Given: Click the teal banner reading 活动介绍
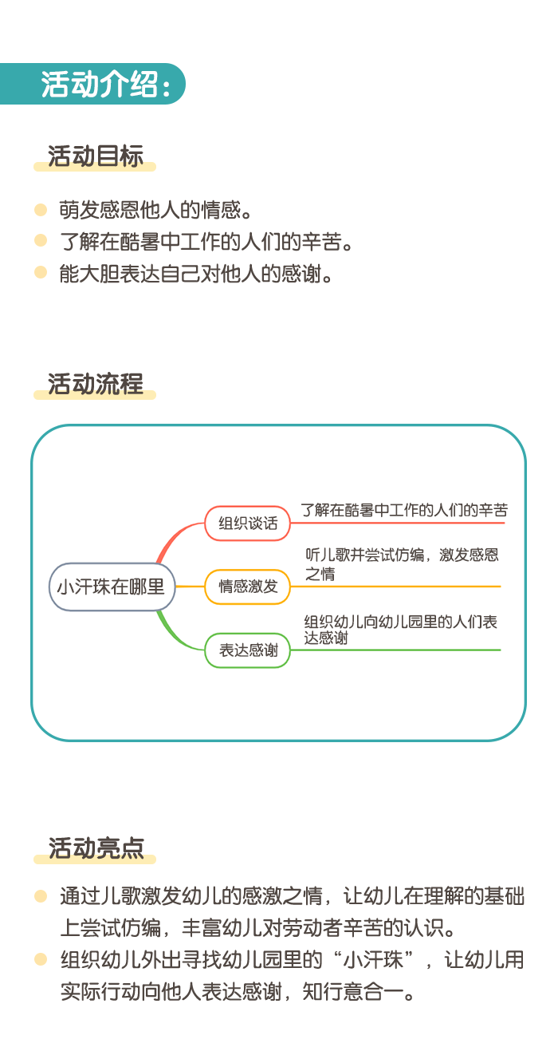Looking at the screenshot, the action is [92, 84].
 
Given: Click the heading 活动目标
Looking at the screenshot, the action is [95, 156].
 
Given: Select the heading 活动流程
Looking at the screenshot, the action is [95, 384].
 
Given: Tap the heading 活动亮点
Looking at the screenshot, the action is [96, 847].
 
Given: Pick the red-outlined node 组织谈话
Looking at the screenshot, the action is [247, 523].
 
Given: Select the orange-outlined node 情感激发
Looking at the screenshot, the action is [247, 587].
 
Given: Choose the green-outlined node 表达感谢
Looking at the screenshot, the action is [247, 650].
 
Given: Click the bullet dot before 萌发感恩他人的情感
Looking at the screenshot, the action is [41, 209].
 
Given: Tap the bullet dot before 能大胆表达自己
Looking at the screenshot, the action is [41, 272].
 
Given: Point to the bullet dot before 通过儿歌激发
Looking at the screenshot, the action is [41, 896].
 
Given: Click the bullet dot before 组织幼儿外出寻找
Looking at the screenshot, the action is [41, 959].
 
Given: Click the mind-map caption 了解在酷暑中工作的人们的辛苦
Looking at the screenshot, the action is [404, 510].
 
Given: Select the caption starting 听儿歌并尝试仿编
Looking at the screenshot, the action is [402, 564].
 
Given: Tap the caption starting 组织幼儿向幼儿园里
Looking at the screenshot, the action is [401, 630].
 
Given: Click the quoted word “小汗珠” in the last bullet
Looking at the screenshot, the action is [374, 959].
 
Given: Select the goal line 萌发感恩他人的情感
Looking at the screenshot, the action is [155, 210].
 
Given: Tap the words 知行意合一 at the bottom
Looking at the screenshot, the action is [353, 991].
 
